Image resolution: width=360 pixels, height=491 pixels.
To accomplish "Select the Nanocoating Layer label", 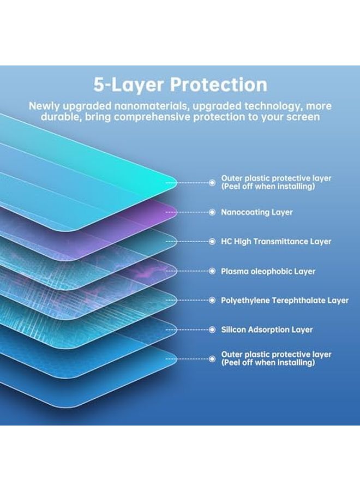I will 257,212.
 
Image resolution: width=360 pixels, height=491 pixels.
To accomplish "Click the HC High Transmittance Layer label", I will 276,241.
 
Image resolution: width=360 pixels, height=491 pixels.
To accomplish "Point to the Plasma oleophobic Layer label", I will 268,271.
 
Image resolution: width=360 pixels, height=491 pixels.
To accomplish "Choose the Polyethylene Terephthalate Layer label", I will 285,300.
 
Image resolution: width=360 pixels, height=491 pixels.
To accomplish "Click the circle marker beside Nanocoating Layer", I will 212,212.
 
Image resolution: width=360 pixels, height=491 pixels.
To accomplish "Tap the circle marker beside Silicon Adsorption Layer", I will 212,330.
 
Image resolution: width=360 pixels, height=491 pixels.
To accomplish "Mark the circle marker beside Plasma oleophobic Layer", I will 212,271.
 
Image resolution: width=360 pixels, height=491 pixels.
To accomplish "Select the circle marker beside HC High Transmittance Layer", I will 212,241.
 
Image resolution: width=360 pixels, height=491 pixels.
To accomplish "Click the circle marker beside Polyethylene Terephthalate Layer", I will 212,300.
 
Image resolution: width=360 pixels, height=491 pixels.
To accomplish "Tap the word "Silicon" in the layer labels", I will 233,330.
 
